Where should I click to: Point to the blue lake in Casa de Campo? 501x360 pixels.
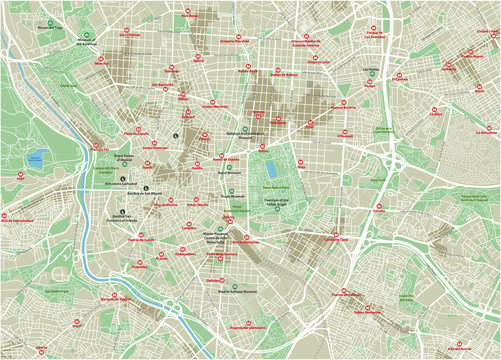(38, 157)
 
